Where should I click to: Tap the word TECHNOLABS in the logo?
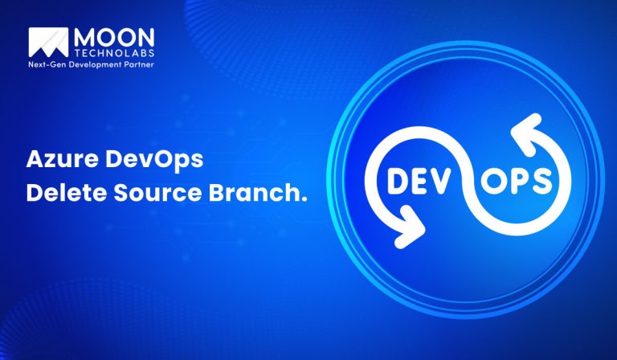[x=113, y=50]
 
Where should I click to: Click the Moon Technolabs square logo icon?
[x=47, y=43]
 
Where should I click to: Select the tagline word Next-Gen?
[x=48, y=62]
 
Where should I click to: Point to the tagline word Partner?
[x=138, y=62]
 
